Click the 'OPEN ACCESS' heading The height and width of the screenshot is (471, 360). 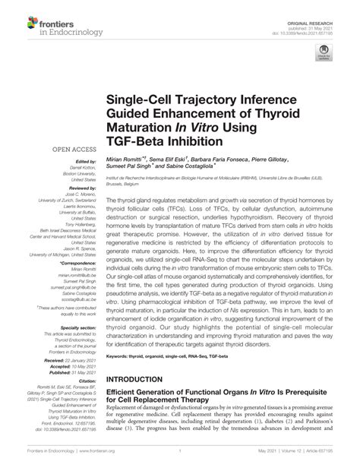pyautogui.click(x=73, y=149)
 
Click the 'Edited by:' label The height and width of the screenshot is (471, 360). pyautogui.click(x=86, y=162)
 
